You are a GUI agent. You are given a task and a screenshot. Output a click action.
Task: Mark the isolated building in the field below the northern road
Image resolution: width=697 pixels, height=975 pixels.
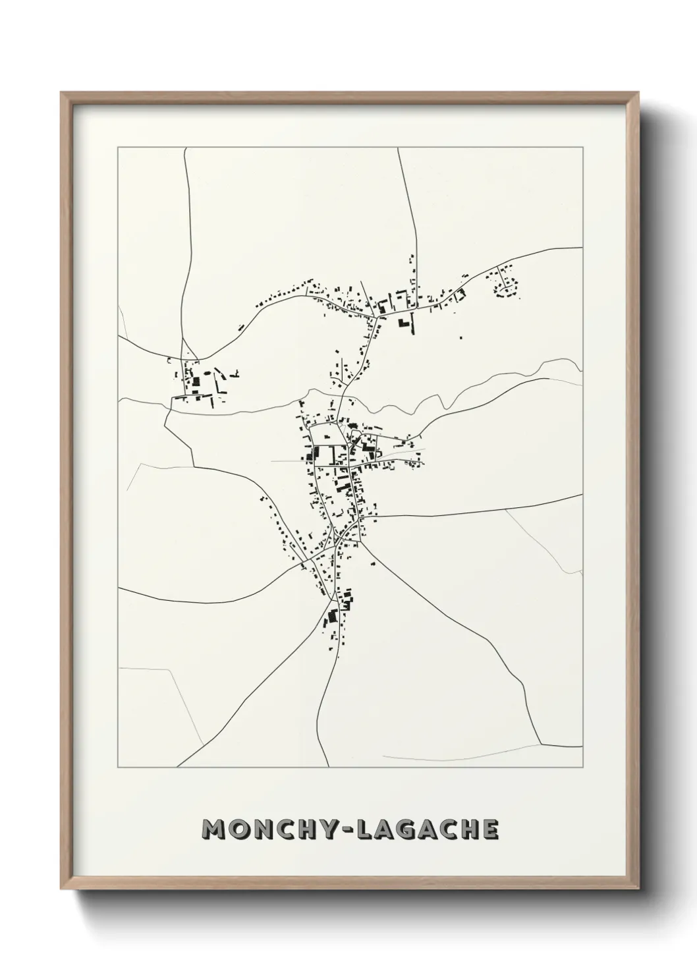[460, 338]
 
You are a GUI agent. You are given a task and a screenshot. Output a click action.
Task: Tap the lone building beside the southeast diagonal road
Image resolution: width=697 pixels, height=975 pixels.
[372, 563]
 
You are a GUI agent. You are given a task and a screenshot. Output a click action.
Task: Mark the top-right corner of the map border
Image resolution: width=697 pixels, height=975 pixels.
[583, 148]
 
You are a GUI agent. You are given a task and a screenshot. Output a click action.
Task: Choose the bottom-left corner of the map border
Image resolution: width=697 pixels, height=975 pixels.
[118, 767]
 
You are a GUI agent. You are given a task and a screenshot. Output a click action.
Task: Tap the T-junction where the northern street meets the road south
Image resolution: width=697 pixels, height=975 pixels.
[376, 318]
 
